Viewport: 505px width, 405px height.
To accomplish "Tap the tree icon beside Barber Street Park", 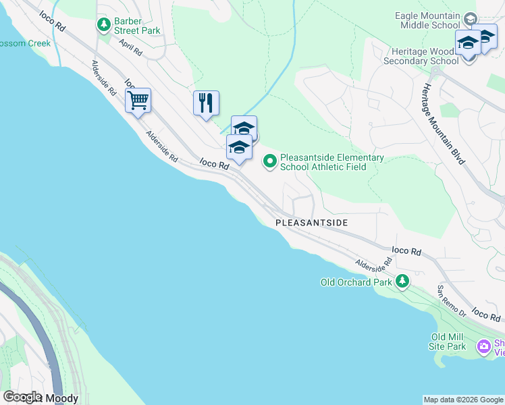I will click(103, 26).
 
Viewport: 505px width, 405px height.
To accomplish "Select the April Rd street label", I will click(130, 47).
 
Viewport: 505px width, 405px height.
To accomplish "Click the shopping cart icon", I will click(138, 101).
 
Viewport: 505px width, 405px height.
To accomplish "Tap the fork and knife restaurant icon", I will click(206, 103).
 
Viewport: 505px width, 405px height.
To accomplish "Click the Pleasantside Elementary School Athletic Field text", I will click(331, 162).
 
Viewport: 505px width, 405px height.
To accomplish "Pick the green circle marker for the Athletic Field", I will click(269, 161).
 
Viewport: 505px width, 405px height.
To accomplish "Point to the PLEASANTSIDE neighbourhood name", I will click(311, 222).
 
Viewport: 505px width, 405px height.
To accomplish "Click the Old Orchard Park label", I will click(355, 281).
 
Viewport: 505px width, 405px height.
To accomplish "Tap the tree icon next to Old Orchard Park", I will click(402, 281).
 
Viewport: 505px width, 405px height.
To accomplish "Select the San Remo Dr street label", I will click(451, 301).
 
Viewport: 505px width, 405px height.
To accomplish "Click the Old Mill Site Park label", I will click(448, 342).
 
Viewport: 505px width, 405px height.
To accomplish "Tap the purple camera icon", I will click(483, 347).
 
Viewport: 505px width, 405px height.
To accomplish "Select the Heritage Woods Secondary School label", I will click(421, 55).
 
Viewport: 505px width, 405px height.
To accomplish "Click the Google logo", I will click(22, 397).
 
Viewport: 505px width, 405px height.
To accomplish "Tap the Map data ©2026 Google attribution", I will click(463, 400).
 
